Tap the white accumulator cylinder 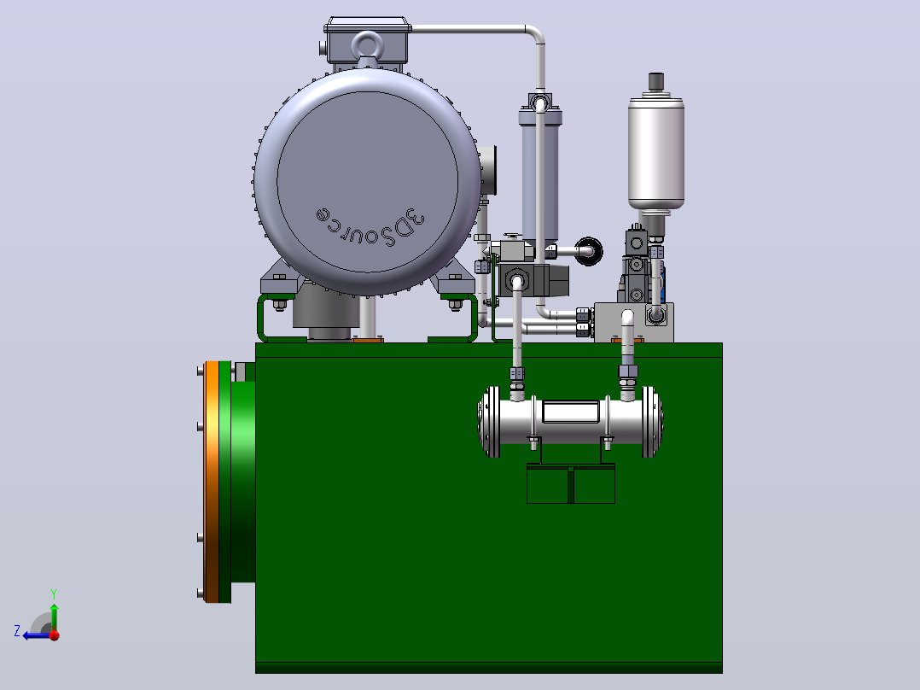pyautogui.click(x=656, y=153)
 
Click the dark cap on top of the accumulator pyautogui.click(x=656, y=82)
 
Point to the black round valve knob pyautogui.click(x=589, y=251)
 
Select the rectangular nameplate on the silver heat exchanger pyautogui.click(x=571, y=412)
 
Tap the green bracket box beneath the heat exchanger pyautogui.click(x=571, y=483)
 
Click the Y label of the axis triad pyautogui.click(x=54, y=594)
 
